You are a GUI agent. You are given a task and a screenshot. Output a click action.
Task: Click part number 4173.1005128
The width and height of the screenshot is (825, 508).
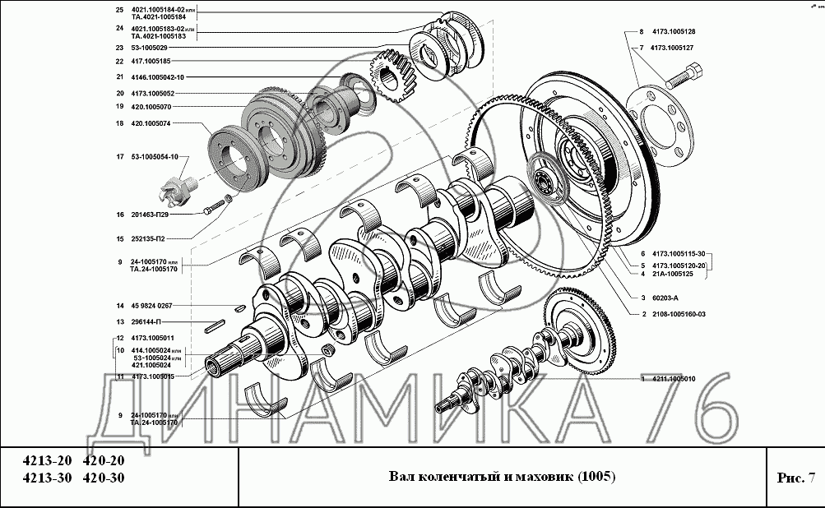[672, 32]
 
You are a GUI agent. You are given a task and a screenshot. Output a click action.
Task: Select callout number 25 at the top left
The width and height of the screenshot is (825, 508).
[119, 10]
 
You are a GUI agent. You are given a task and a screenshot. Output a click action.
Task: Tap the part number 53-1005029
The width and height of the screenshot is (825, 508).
[149, 48]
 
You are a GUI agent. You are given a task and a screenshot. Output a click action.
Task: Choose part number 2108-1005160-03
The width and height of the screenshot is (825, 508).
[679, 314]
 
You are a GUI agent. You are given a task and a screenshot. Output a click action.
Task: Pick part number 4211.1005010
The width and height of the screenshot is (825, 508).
[672, 379]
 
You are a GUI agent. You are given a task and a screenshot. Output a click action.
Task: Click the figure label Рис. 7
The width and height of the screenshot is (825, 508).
[795, 478]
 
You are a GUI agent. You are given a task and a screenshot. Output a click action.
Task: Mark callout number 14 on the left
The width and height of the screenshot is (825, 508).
[119, 305]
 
